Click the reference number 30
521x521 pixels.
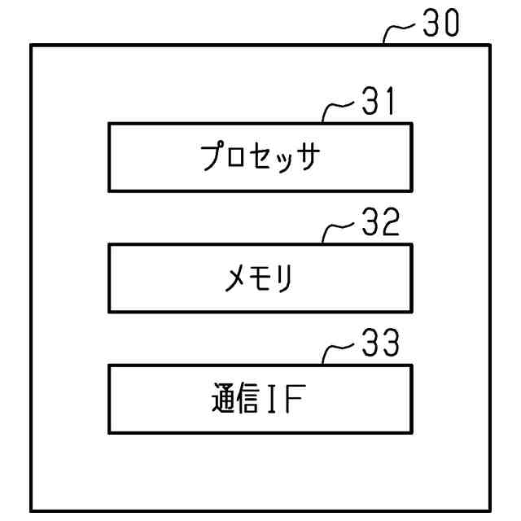pos(440,24)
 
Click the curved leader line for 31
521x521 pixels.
pos(336,111)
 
